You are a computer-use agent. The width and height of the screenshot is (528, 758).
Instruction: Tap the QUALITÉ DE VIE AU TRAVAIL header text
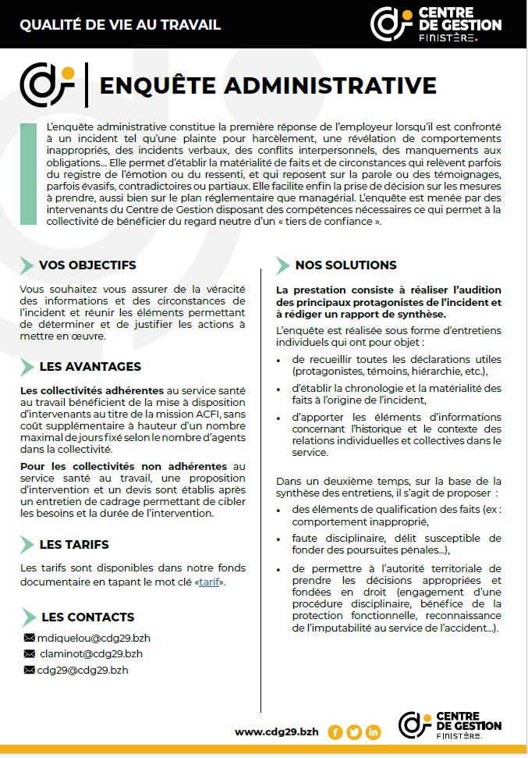(x=120, y=24)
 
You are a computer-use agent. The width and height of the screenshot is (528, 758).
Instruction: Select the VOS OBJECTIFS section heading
(x=87, y=265)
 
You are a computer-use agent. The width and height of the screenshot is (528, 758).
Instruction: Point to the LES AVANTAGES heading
(x=90, y=366)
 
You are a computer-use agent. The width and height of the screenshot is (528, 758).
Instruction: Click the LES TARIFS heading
(x=74, y=544)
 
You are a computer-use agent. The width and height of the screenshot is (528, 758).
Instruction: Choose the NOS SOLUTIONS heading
(x=346, y=265)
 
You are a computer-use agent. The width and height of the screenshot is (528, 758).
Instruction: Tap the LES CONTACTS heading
(x=87, y=617)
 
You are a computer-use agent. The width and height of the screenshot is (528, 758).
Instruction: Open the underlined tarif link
(x=209, y=582)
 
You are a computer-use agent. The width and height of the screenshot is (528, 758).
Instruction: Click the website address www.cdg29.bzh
(x=276, y=731)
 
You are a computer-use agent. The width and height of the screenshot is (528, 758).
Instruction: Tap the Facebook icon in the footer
(x=335, y=732)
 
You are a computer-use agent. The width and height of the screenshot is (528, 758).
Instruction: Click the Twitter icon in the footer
(x=354, y=732)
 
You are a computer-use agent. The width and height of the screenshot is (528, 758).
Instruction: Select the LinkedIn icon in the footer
(x=373, y=732)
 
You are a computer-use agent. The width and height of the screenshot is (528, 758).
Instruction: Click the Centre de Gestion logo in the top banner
(x=436, y=23)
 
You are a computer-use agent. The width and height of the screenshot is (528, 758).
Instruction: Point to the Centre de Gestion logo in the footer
(x=450, y=725)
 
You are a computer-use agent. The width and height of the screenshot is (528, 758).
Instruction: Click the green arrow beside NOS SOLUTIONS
(x=283, y=265)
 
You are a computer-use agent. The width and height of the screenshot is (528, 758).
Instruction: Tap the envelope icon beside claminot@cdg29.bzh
(x=30, y=653)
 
